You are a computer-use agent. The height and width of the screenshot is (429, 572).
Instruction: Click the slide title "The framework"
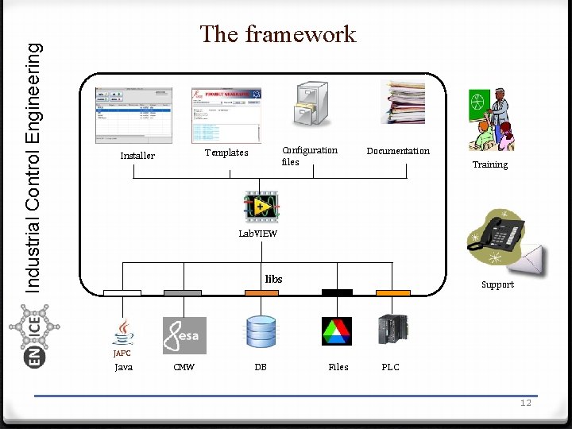click(278, 34)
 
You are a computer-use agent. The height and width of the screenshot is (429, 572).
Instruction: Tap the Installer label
click(137, 156)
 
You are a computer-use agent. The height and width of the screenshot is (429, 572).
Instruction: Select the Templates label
click(226, 153)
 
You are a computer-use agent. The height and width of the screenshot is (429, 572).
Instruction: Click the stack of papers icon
click(402, 102)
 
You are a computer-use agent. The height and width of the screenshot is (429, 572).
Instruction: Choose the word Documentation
click(398, 151)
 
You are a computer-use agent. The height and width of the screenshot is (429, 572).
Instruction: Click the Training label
click(490, 164)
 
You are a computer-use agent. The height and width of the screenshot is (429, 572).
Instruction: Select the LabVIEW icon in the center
click(261, 207)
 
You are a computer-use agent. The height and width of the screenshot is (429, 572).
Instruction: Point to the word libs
click(273, 279)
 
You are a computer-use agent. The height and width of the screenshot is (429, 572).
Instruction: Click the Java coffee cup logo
click(123, 331)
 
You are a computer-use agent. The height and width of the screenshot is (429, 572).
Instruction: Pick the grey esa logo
click(184, 335)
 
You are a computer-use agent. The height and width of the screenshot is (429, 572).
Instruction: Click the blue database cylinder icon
click(261, 332)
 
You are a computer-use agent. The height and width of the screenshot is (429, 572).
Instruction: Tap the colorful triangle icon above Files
click(336, 331)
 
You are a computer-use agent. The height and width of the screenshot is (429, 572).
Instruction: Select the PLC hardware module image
click(392, 330)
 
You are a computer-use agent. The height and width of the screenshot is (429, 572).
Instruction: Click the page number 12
click(525, 403)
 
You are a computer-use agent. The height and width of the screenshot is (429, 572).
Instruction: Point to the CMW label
click(184, 367)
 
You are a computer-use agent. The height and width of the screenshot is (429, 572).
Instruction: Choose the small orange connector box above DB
click(261, 293)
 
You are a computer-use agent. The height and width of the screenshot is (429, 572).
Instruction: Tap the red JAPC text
click(122, 353)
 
